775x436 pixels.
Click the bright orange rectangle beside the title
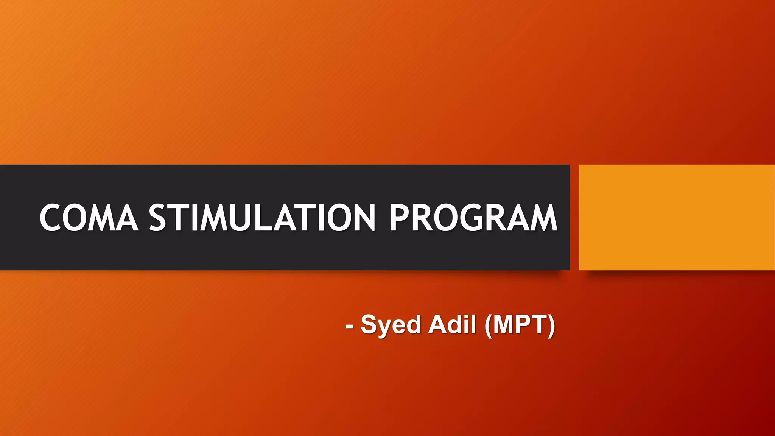(x=677, y=217)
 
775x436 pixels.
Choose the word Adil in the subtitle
(x=452, y=324)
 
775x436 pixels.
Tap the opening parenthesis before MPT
(x=488, y=325)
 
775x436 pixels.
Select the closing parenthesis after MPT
(x=552, y=325)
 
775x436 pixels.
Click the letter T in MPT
(x=538, y=324)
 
